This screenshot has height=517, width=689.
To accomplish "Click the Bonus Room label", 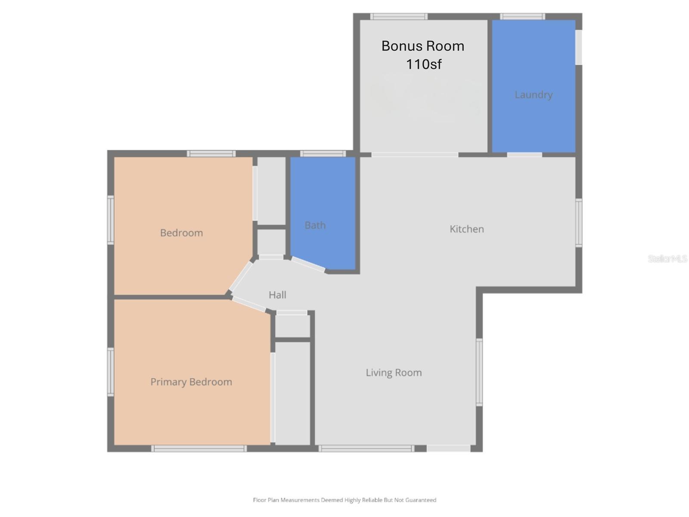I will pos(422,46).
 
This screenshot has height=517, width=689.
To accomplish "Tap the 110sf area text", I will pos(424,65).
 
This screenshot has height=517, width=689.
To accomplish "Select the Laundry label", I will pos(534,95).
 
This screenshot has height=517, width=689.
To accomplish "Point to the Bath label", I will pos(315,225).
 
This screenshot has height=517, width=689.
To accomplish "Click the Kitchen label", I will pos(467,229).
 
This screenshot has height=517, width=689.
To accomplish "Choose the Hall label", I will pos(277,295).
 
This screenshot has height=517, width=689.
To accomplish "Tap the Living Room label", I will pos(394,373).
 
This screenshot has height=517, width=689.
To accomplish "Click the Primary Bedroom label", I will pos(191,382).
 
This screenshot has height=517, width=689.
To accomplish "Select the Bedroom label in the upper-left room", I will pos(181,233).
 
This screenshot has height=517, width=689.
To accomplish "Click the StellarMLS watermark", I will pos(667,259).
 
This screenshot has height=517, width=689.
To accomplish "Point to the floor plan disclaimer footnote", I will pos(344,500).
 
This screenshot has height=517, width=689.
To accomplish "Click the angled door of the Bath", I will pos(308,265).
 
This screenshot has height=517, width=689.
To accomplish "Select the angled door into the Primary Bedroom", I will pos(249,304).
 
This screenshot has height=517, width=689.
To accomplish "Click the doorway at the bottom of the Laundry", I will pos(525,154).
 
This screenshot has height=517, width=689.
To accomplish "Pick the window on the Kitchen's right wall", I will pos(579,223).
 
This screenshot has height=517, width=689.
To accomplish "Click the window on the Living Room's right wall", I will pos(479,372).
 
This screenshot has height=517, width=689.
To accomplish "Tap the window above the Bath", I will pos(323,154).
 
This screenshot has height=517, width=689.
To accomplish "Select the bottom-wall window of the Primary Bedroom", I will pos(199,448).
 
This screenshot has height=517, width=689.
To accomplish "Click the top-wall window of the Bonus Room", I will pos(399,17).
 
